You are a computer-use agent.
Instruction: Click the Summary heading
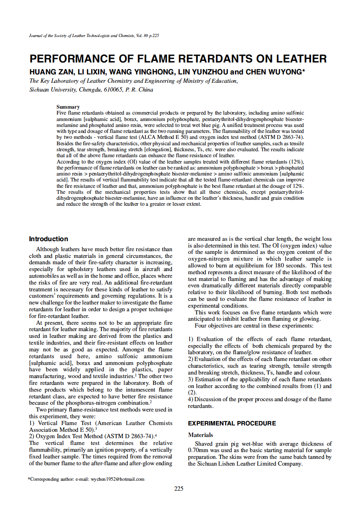tap(68, 107)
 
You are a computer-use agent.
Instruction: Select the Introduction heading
tap(49, 239)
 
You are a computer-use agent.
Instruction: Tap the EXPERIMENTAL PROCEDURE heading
tap(232, 423)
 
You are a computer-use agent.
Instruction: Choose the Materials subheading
tap(200, 435)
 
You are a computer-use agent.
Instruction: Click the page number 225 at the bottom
tap(179, 488)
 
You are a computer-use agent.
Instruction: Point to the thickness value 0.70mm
tap(197, 450)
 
